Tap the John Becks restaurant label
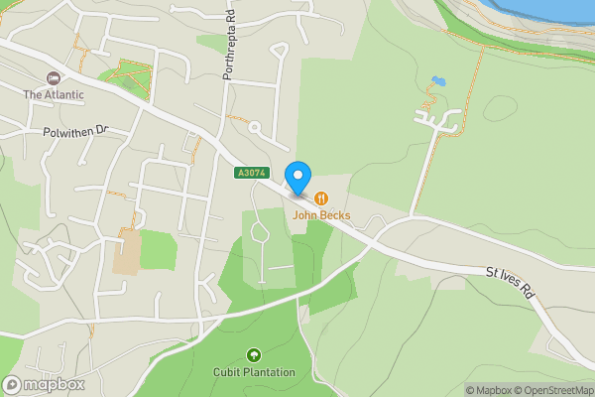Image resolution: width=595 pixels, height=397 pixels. pos(320,215)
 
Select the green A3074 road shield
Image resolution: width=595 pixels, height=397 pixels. pos(252,173)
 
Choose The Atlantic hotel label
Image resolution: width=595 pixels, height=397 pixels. pos(54,95)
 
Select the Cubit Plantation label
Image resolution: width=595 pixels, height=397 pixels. pos(254,372)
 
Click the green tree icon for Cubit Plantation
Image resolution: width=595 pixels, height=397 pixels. pos(254,354)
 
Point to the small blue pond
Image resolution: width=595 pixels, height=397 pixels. pos(438,80)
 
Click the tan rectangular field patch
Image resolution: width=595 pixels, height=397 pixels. pos(127,252)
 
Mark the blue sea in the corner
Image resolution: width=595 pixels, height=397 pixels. pos(555,12)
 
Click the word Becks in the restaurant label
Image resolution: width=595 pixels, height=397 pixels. pos(334,215)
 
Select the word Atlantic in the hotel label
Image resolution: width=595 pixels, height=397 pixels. pos(64,95)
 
